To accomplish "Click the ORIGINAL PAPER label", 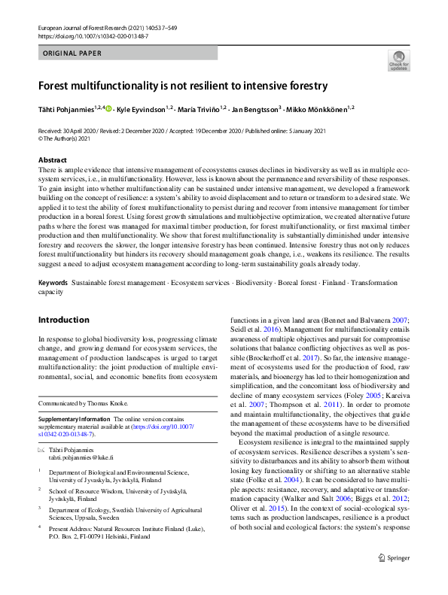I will coord(72,53).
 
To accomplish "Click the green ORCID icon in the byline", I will coord(109,110).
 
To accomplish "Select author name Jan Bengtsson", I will coord(256,110).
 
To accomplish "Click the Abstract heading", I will coord(52,160).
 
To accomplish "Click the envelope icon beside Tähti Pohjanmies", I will coord(41,450).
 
